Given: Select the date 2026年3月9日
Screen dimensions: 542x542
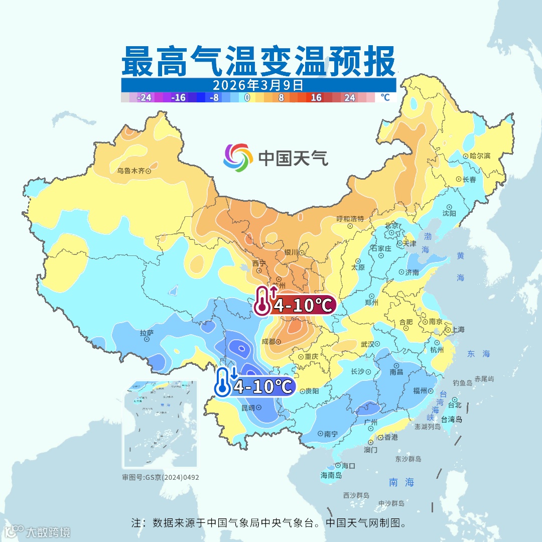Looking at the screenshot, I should point(258,85).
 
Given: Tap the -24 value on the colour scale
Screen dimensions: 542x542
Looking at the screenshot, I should point(145,98).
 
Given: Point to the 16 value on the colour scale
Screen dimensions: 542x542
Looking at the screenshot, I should point(316,98).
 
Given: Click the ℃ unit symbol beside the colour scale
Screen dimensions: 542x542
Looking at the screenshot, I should point(384,98).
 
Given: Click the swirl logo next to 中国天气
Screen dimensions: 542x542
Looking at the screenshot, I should point(238,158).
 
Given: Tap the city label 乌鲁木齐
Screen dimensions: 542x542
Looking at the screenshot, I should point(130,171).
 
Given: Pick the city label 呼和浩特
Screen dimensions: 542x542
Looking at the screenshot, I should point(350,219).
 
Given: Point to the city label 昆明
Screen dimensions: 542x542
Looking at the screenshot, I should point(248,407).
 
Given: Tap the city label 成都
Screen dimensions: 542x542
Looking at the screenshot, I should point(268,342).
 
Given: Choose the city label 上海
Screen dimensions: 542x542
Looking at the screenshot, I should point(458,330).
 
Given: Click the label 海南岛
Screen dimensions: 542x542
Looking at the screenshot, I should point(331,475).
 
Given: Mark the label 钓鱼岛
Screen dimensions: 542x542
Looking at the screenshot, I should point(462,383).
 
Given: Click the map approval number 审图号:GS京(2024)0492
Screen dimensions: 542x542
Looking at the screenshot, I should point(161,477).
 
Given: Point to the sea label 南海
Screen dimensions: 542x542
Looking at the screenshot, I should point(401,482).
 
